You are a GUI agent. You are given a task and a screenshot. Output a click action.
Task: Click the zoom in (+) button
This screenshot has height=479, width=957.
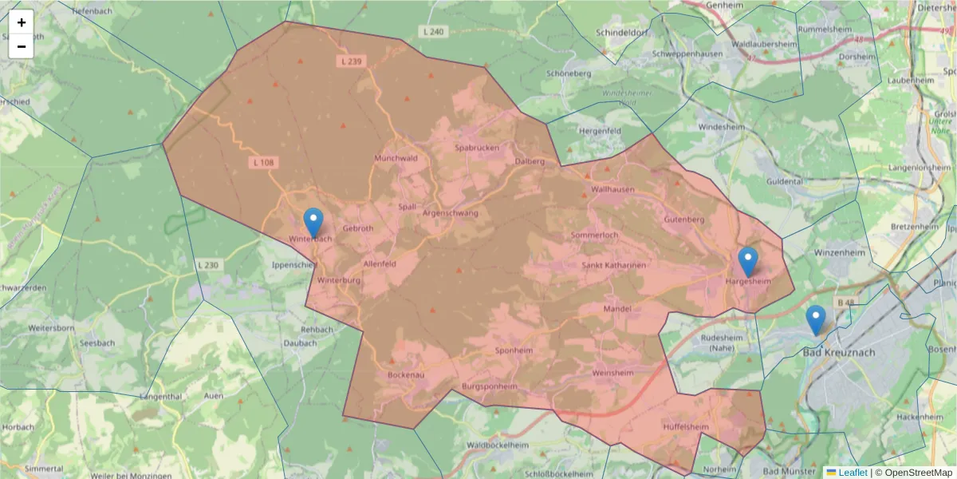click(22, 22)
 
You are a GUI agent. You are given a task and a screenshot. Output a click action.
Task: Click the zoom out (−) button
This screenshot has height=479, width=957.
click(22, 46)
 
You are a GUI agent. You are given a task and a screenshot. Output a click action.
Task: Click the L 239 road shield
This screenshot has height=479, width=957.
click(349, 61)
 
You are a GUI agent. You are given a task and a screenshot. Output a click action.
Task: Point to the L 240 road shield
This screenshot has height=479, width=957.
click(431, 32)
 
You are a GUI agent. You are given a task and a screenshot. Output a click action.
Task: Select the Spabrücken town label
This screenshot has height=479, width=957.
click(476, 148)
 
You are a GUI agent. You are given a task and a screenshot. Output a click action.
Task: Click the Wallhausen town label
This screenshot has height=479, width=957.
click(612, 189)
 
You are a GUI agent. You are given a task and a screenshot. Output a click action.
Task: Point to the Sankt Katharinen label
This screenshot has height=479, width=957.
click(613, 265)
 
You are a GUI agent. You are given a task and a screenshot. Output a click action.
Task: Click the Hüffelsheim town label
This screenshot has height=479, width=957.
click(686, 427)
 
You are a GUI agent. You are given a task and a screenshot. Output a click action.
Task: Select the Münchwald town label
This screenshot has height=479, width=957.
click(396, 158)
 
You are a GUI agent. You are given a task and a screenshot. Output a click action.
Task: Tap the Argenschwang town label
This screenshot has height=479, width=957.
click(450, 214)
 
